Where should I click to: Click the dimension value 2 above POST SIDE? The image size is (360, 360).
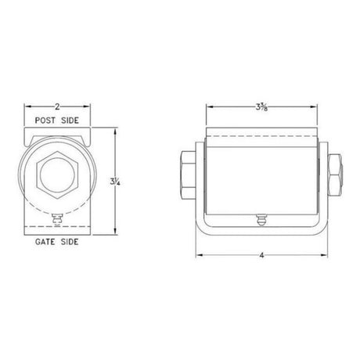pos(57,106)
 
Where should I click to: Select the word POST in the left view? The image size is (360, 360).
pos(45,121)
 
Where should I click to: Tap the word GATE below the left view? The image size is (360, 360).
pos(45,242)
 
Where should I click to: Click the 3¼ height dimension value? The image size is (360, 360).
pos(115,182)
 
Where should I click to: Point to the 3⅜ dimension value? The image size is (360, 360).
pos(261,106)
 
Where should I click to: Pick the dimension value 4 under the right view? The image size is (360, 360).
pos(261,255)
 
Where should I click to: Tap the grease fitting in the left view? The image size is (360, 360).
pos(57,219)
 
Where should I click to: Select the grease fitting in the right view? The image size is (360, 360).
pos(261,219)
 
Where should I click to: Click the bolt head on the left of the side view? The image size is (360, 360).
pos(188,175)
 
